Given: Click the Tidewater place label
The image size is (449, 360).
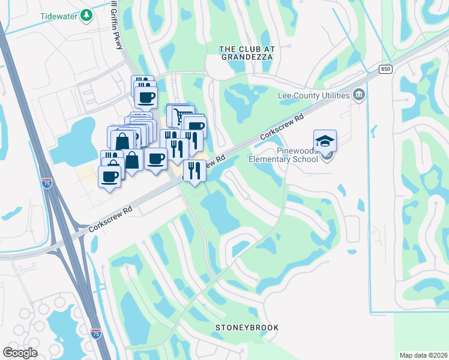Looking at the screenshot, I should pos(59,16).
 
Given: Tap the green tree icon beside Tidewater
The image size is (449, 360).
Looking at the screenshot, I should pos(87,15).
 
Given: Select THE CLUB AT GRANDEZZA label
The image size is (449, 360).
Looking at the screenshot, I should pos(246,52).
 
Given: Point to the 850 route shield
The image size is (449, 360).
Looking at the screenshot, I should pos(385,70).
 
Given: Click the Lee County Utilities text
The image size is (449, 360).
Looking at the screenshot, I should pos(313,95).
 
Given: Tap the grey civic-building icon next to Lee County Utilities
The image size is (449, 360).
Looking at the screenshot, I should pos(359,94).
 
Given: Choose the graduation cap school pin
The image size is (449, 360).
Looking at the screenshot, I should pos(325,142).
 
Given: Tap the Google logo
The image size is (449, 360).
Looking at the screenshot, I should pos(20,352).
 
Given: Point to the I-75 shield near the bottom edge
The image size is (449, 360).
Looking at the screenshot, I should pos(95,332).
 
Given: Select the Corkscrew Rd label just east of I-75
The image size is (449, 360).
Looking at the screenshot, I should pos(110,220).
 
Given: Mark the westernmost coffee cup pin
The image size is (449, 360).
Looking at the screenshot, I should pos(109,176).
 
